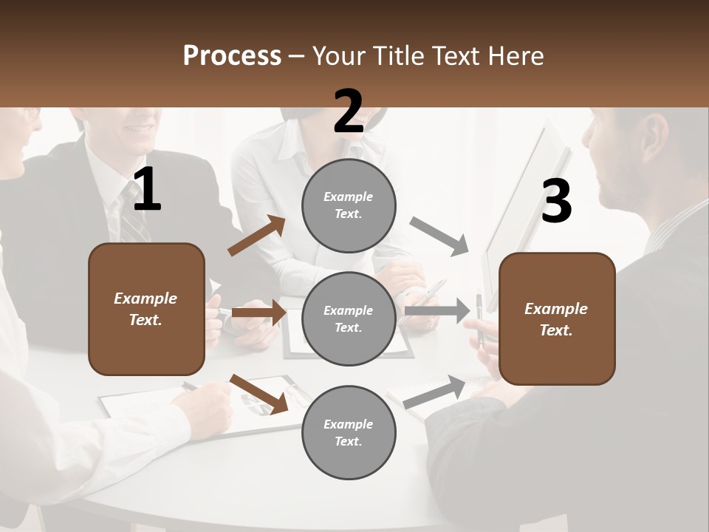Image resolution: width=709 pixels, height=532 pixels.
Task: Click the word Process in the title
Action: [x=232, y=55]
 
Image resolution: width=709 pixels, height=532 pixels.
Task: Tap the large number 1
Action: [x=147, y=191]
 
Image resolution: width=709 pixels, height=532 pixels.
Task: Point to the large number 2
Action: [x=349, y=112]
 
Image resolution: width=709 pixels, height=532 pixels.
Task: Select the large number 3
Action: [x=556, y=202]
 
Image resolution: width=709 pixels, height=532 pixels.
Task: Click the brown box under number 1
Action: [x=146, y=309]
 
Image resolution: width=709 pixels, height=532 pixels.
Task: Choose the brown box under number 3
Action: [x=557, y=318]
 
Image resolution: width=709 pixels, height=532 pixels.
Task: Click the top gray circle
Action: [x=349, y=205]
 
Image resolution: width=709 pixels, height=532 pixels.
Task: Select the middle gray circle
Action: [x=349, y=318]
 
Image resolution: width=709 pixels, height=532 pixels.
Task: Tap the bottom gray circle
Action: [x=349, y=432]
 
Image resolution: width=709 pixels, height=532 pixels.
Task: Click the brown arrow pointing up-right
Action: [x=257, y=236]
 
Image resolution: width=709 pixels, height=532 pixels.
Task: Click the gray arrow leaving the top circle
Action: [x=439, y=236]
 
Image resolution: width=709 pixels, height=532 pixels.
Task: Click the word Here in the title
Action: [x=515, y=55]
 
